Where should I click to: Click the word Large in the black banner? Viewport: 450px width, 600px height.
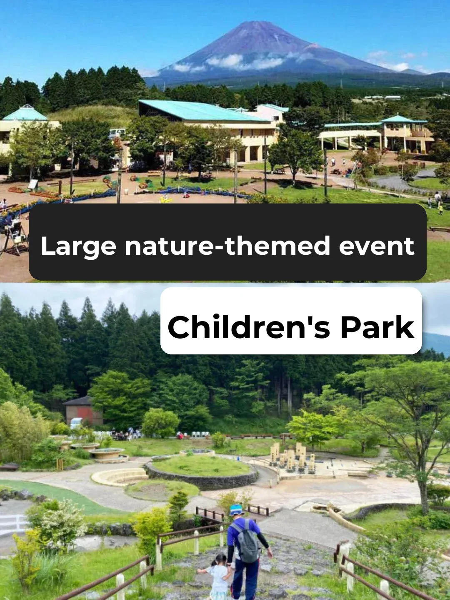point(78,246)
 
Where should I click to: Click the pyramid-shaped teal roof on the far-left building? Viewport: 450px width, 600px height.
point(25,114)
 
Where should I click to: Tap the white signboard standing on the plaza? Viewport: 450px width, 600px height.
point(32,184)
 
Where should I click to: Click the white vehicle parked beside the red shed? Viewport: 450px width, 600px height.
point(76,423)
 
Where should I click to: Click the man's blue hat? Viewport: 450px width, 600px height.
point(236,510)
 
